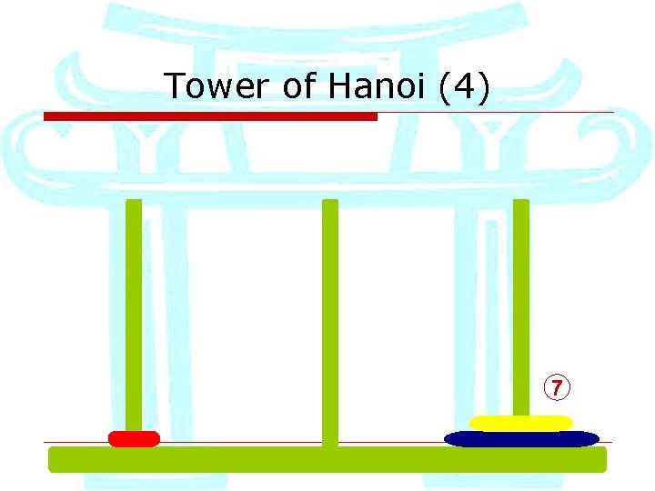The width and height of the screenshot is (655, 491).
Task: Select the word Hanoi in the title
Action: click(x=373, y=86)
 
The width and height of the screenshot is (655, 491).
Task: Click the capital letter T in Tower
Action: click(x=174, y=86)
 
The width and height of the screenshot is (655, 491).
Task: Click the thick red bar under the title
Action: click(x=210, y=116)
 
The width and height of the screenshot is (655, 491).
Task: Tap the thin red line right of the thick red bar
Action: click(x=496, y=113)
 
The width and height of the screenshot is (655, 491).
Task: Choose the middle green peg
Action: click(x=330, y=318)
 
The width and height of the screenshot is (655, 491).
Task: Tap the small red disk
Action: click(x=134, y=439)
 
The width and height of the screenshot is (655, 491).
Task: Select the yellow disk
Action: click(x=521, y=423)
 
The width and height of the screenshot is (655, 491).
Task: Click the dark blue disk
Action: click(x=521, y=439)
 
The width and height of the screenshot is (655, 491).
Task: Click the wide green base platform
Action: click(x=327, y=459)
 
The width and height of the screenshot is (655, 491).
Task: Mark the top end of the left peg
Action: click(x=134, y=203)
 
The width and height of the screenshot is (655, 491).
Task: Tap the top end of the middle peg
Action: click(x=330, y=203)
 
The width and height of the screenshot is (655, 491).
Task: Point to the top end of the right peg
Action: click(x=521, y=203)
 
